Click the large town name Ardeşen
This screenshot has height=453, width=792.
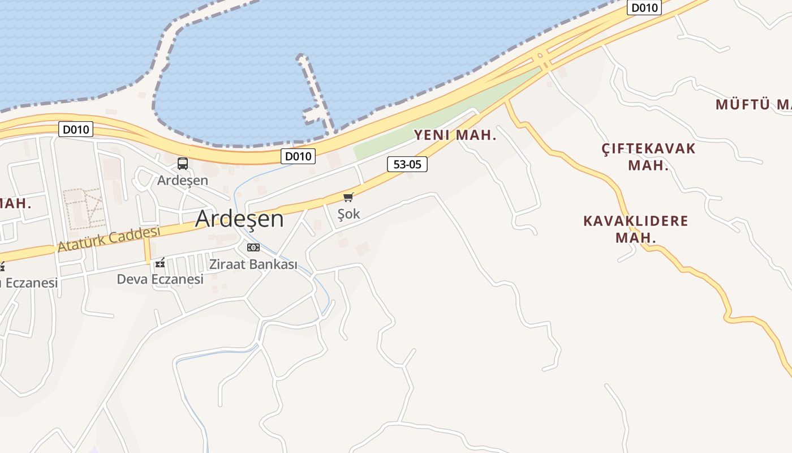pyautogui.click(x=239, y=219)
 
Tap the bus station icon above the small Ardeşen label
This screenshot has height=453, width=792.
pyautogui.click(x=183, y=164)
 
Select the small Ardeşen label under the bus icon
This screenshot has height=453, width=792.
pyautogui.click(x=183, y=180)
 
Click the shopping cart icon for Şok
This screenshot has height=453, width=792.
pyautogui.click(x=348, y=197)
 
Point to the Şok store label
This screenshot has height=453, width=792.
pyautogui.click(x=348, y=214)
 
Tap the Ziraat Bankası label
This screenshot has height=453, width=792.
pyautogui.click(x=253, y=264)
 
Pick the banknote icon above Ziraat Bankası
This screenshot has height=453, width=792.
pyautogui.click(x=253, y=247)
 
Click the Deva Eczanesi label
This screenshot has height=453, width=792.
pyautogui.click(x=160, y=279)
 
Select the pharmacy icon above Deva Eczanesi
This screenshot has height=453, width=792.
pyautogui.click(x=160, y=263)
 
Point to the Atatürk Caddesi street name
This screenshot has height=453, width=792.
pyautogui.click(x=109, y=239)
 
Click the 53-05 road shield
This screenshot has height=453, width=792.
pyautogui.click(x=407, y=164)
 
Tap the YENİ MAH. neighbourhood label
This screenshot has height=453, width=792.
pyautogui.click(x=455, y=135)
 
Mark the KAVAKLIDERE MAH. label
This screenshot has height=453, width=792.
pyautogui.click(x=636, y=229)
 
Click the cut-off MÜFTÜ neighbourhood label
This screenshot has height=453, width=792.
pyautogui.click(x=752, y=104)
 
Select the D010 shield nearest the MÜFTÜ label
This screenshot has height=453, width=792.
pyautogui.click(x=645, y=7)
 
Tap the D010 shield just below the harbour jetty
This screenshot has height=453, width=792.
pyautogui.click(x=298, y=156)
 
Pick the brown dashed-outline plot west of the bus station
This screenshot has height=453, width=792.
pyautogui.click(x=84, y=208)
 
